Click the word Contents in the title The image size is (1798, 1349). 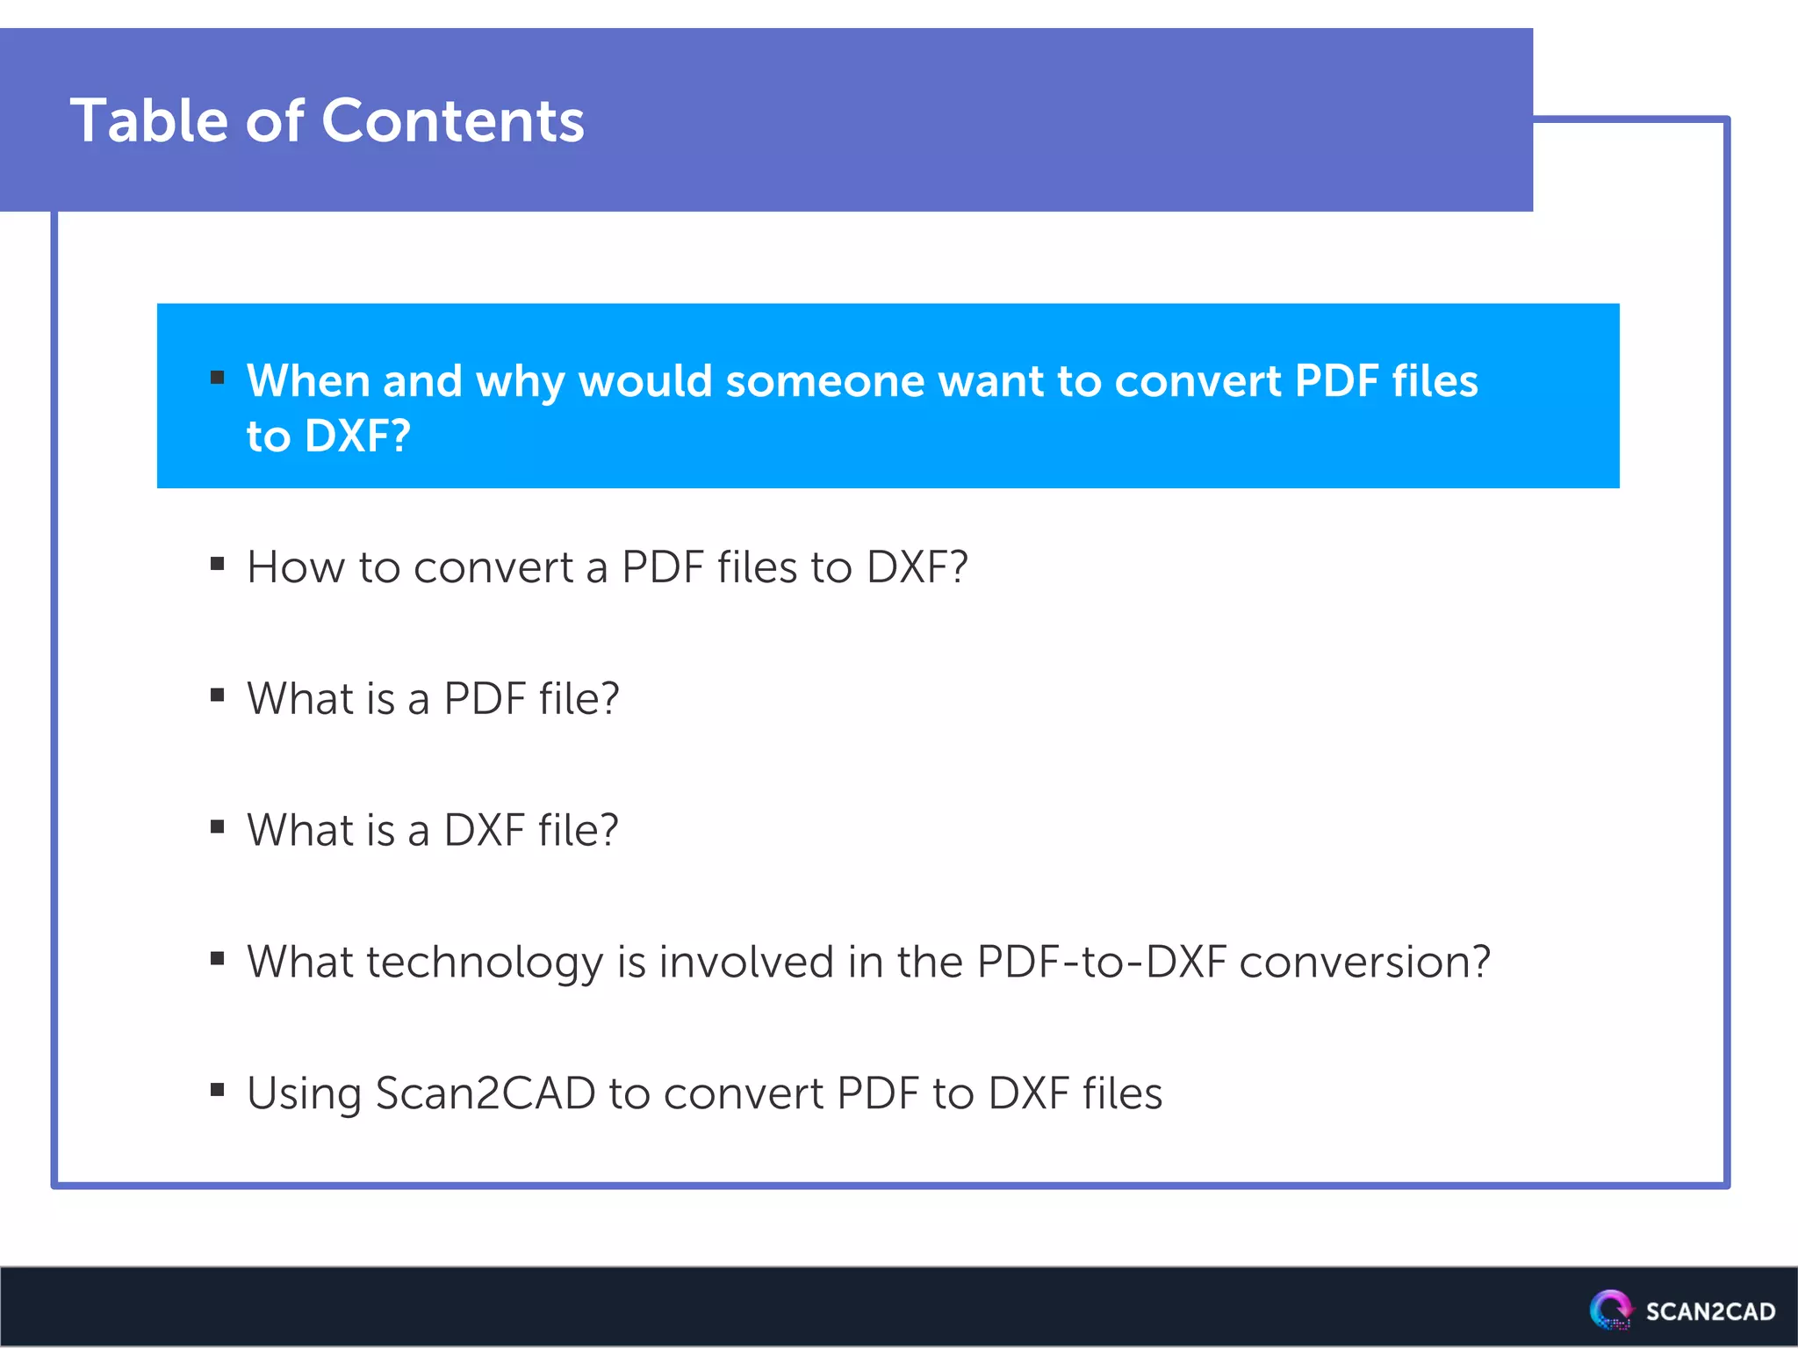pos(453,120)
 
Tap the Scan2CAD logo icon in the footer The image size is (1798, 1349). pos(1610,1309)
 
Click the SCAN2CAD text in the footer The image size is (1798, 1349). pos(1710,1311)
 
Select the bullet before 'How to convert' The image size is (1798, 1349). pos(218,564)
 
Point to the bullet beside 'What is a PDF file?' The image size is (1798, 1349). pos(218,696)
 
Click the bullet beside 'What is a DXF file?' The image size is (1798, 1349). pos(218,826)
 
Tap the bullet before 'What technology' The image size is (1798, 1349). pos(218,958)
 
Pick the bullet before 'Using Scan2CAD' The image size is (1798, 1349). pos(218,1090)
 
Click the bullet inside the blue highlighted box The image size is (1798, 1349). pos(218,379)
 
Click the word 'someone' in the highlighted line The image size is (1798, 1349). pos(824,381)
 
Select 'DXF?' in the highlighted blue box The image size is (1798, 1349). pos(357,436)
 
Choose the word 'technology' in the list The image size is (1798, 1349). pos(485,963)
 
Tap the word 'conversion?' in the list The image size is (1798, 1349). pos(1365,962)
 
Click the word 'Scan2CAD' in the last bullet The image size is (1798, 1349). pos(485,1094)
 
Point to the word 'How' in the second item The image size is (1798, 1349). pos(296,567)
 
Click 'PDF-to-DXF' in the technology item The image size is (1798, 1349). pos(1102,962)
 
